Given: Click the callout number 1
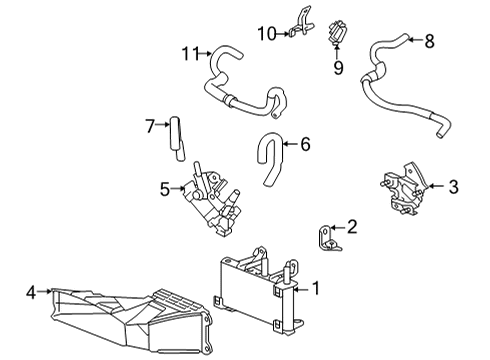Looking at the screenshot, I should click(316, 290).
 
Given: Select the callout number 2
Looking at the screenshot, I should click(351, 227).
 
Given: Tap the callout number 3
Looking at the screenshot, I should click(453, 185).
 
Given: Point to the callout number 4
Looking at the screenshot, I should click(31, 293).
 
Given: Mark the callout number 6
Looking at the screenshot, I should click(305, 145).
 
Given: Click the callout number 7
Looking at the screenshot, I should click(150, 126).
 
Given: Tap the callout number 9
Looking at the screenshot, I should click(338, 68).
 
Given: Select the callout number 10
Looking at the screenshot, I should click(265, 33).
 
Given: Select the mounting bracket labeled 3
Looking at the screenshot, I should click(404, 188).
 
